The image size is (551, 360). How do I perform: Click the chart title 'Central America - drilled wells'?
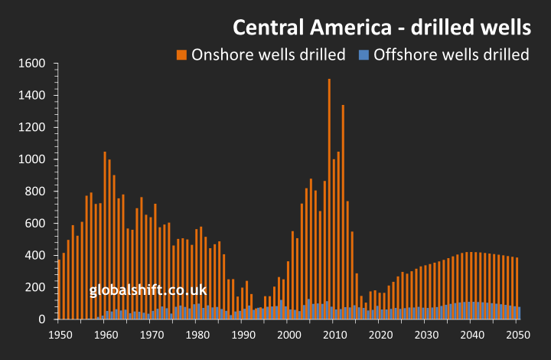(381, 28)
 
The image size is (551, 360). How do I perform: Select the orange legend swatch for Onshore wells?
(181, 54)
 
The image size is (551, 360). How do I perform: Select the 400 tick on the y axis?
(38, 255)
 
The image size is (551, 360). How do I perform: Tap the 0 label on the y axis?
(45, 319)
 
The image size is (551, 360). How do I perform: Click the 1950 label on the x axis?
(58, 335)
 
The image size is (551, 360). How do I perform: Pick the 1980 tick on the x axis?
(197, 335)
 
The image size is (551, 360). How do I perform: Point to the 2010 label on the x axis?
(334, 335)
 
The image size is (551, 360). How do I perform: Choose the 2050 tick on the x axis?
(518, 335)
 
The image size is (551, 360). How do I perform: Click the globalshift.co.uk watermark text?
(148, 290)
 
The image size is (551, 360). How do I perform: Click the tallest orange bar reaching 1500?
(329, 199)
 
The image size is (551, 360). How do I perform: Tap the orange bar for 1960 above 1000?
(105, 230)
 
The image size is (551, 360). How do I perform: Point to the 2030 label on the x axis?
(426, 335)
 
